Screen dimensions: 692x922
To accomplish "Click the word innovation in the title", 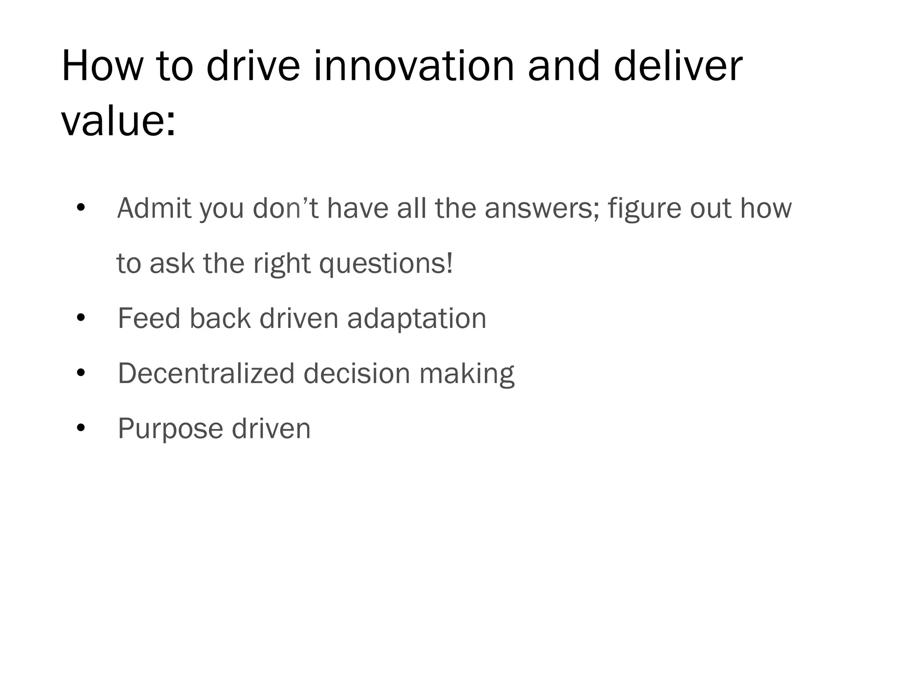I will click(413, 66).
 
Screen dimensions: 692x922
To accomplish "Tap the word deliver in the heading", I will click(678, 66).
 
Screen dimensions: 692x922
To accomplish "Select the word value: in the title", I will click(118, 121).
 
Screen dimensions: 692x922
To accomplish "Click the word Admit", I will click(154, 208).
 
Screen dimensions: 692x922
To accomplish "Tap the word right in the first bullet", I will click(281, 264).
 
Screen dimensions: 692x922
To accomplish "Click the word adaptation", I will click(416, 319).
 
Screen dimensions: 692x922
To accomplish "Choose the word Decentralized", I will click(206, 373).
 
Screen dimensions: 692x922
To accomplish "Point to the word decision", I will click(357, 373).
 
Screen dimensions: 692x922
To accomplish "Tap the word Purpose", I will click(170, 429).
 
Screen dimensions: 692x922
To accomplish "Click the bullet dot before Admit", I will click(81, 208).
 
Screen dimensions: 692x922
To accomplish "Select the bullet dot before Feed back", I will click(81, 318).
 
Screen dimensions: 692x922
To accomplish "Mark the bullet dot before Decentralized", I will click(81, 373).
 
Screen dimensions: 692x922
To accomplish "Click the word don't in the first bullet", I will click(285, 208).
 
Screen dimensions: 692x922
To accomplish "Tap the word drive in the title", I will click(253, 66).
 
